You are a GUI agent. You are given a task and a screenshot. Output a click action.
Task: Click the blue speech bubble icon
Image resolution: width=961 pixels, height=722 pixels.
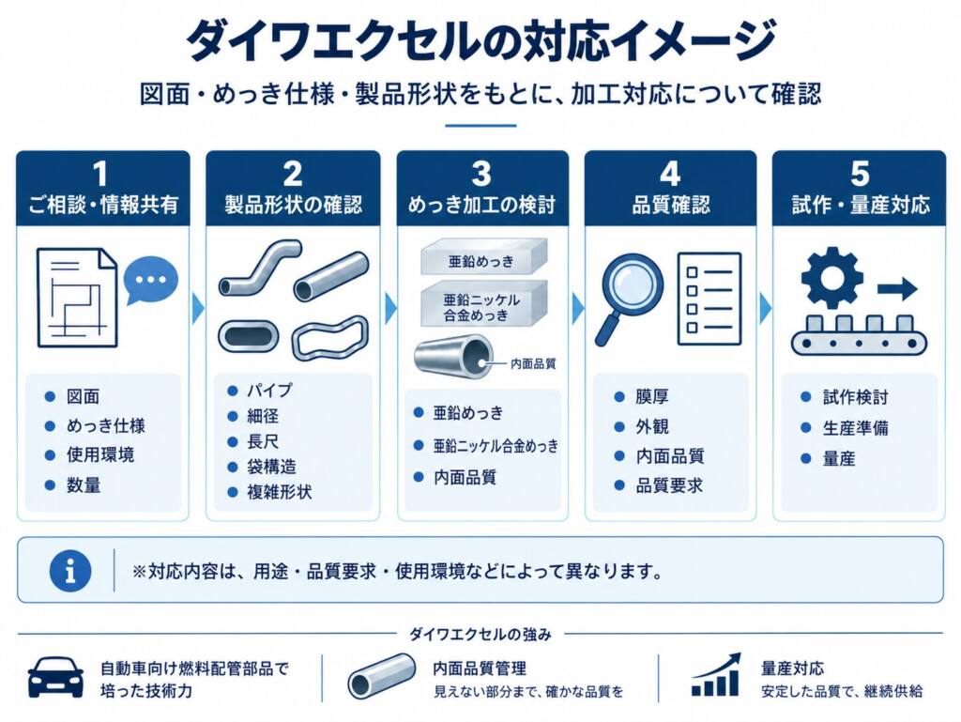pos(151,281)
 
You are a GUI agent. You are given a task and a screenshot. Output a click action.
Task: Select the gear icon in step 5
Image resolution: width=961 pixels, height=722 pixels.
pos(831,277)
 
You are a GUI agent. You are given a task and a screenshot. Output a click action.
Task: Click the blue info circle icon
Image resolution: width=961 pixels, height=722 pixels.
pos(70,571)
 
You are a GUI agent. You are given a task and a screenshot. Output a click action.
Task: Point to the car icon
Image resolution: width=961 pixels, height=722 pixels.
pos(55,677)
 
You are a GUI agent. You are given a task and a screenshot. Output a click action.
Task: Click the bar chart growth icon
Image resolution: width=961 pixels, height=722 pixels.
pos(716,675)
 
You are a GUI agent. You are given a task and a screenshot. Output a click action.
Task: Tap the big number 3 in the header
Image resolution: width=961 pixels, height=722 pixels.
pos(481,174)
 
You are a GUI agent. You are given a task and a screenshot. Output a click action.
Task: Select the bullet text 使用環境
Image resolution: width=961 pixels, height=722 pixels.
pos(100,454)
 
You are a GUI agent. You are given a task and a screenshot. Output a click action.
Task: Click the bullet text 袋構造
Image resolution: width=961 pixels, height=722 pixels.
pos(271,467)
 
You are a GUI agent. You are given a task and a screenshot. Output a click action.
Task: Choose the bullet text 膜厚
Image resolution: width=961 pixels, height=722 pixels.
pos(651,396)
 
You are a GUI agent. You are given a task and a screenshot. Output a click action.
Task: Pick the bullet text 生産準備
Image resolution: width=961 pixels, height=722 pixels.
pos(856,428)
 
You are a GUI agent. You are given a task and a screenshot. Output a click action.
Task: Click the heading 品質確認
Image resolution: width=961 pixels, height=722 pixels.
pos(671,205)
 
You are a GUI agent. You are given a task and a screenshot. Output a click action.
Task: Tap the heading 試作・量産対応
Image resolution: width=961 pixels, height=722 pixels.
pos(861,205)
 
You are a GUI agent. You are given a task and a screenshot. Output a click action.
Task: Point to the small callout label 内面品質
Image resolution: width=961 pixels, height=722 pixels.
pos(533,364)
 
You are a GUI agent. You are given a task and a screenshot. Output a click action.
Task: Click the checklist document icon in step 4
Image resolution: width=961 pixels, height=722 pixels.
pos(709,300)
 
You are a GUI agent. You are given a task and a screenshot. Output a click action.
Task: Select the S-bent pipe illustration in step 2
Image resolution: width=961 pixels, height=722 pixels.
pos(260,268)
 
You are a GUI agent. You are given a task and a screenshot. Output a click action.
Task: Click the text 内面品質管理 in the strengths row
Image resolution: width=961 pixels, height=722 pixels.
pos(480,668)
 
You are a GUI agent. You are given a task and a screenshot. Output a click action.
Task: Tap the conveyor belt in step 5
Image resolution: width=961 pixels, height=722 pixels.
pos(859,343)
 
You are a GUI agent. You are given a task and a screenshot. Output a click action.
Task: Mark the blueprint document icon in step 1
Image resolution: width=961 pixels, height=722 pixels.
pos(77,298)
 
